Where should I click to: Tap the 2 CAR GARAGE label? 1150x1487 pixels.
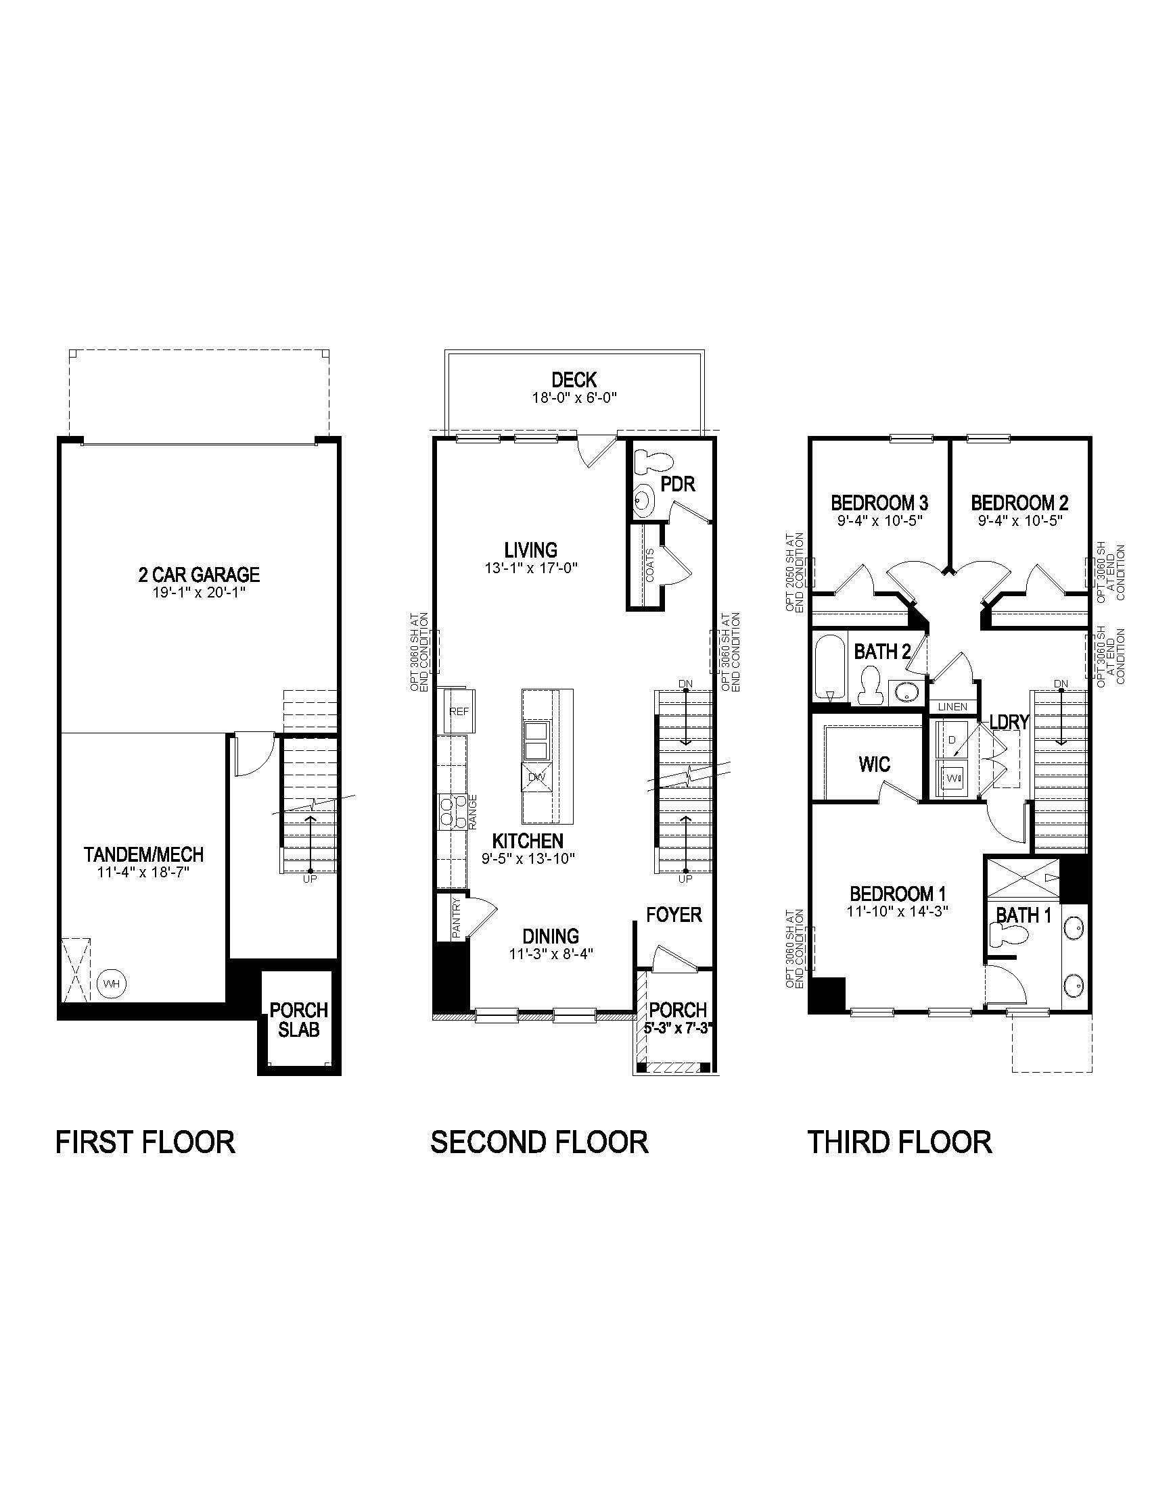(x=199, y=575)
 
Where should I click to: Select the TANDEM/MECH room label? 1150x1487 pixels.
(x=143, y=854)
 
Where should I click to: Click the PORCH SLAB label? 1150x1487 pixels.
(x=298, y=1019)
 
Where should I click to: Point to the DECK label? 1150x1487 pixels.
(x=574, y=380)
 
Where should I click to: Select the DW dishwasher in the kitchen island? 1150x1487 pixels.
(x=538, y=777)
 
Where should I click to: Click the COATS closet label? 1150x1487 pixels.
(x=649, y=565)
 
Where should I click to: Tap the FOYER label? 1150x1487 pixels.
(x=674, y=915)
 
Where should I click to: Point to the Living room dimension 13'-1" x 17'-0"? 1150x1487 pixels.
(x=531, y=567)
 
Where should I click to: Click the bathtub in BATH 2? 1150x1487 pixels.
(x=830, y=668)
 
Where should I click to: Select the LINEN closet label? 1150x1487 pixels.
(x=952, y=707)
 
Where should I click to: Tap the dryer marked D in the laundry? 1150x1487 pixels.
(x=952, y=739)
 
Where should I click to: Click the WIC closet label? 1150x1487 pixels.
(x=874, y=764)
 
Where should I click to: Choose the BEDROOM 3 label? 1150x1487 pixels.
(x=879, y=503)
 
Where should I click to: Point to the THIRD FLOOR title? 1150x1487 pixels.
(x=899, y=1142)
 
